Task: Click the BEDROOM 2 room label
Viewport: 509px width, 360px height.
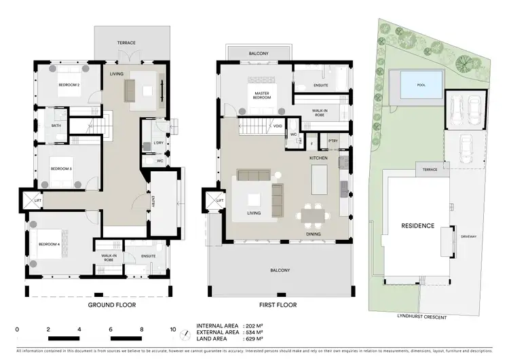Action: (69, 85)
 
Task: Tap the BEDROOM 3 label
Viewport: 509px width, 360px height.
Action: (61, 168)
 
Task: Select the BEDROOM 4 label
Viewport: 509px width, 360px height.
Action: (50, 244)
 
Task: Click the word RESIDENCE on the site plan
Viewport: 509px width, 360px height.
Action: (417, 226)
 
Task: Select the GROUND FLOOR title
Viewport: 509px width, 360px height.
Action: (112, 306)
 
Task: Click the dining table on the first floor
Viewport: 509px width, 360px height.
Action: (314, 216)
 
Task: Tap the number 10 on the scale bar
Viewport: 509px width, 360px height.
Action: (173, 329)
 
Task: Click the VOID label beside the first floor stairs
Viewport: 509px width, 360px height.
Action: (278, 126)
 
